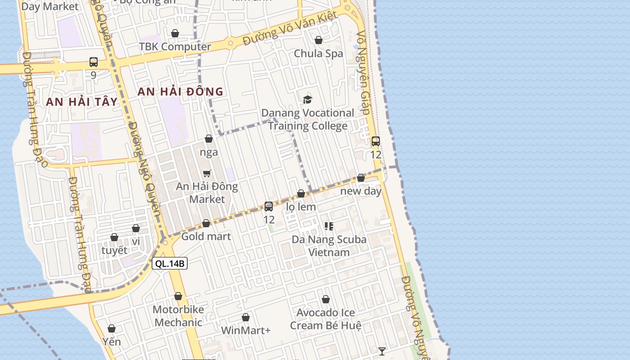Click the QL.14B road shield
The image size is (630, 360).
(170, 264)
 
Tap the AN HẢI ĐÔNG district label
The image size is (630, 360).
(180, 92)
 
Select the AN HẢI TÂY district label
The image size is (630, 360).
(81, 102)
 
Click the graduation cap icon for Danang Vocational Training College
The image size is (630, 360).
(307, 99)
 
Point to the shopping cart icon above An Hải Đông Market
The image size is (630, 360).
(207, 173)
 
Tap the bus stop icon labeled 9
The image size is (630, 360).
(94, 62)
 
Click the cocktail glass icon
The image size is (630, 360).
(382, 351)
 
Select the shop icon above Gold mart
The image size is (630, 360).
(206, 223)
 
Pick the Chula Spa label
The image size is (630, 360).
(318, 54)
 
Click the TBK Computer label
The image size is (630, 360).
(175, 47)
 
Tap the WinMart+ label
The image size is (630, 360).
(246, 330)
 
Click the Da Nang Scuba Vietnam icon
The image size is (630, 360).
(329, 226)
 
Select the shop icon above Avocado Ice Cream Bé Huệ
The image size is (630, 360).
(326, 299)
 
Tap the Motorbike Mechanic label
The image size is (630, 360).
(178, 316)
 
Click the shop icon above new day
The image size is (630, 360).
(361, 178)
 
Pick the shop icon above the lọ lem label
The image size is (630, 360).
(301, 193)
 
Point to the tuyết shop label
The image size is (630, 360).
(114, 250)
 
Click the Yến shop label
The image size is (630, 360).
(112, 342)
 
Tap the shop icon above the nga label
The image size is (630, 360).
(209, 139)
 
